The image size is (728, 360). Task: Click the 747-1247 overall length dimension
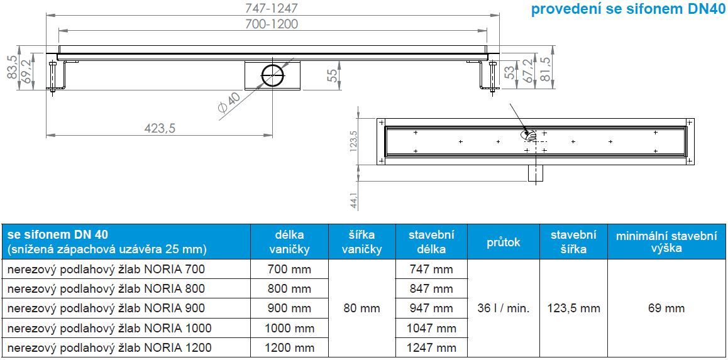273,8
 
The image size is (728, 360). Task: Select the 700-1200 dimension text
273,24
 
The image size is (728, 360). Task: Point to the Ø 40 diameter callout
228,106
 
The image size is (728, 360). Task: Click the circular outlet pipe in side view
272,75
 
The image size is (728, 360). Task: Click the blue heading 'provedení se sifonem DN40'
628,10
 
